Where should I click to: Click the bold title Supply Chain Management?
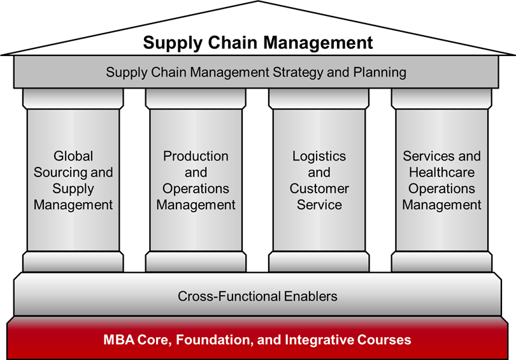[257, 43]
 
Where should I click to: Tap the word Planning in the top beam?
[380, 73]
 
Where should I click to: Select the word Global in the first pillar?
[73, 156]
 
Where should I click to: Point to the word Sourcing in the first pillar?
[61, 173]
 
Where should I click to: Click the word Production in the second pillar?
[196, 156]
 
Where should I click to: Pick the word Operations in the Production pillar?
[196, 189]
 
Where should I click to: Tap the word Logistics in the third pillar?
[319, 156]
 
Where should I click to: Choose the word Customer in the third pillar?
[319, 189]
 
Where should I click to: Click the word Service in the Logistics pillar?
[319, 205]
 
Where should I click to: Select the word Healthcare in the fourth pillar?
[441, 173]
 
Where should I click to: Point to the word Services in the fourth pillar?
[428, 156]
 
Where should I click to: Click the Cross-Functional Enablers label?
[257, 296]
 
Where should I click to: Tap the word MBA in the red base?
[118, 340]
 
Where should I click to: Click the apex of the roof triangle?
[259, 1]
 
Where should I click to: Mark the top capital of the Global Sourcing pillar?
[73, 99]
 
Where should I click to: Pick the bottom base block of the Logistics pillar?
[319, 262]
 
